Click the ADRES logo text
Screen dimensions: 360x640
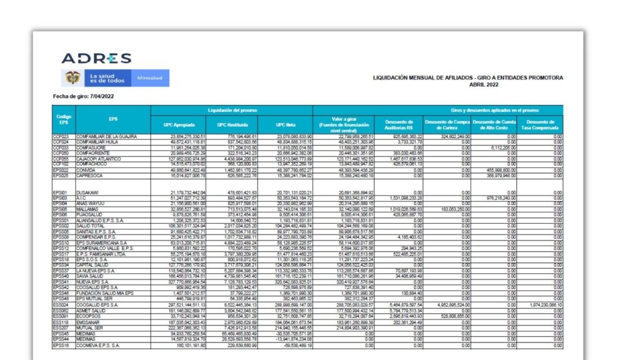click(96, 59)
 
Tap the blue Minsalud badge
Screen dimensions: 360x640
click(149, 78)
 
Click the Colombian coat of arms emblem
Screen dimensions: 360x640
click(72, 78)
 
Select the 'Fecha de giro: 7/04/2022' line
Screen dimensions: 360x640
click(83, 96)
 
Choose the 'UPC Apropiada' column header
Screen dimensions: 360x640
click(177, 124)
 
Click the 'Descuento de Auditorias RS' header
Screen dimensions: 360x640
click(398, 124)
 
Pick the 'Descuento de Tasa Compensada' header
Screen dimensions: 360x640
click(540, 124)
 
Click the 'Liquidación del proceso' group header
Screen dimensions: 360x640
click(231, 109)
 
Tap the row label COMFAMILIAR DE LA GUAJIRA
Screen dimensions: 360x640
click(106, 136)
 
